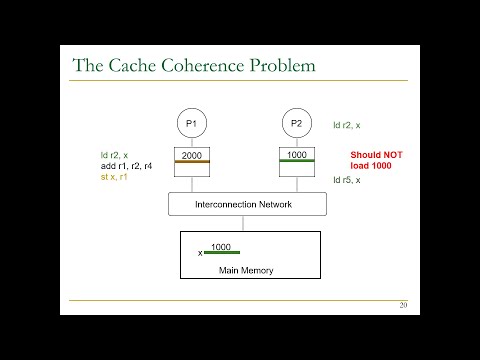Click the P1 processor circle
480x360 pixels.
[192, 123]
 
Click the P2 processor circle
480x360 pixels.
[297, 123]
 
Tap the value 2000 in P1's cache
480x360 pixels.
[192, 155]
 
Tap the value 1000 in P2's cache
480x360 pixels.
[297, 155]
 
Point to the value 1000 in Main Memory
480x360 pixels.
[221, 246]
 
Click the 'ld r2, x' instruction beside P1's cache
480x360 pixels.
[115, 154]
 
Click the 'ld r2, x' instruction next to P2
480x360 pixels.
[348, 126]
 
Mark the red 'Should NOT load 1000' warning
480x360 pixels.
[374, 160]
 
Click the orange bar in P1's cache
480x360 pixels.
[192, 162]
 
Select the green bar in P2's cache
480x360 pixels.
[297, 162]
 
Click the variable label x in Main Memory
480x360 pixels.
[200, 253]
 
